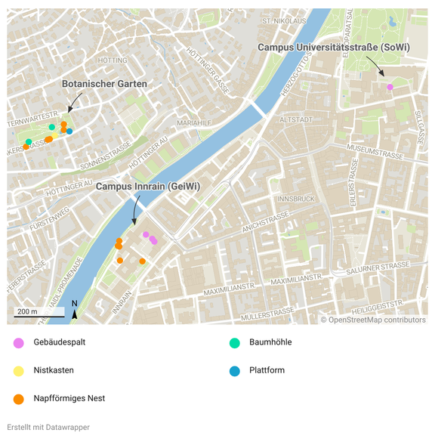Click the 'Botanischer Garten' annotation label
(104, 83)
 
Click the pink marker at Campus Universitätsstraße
(390, 88)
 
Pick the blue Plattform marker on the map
(69, 131)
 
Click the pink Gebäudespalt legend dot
(18, 342)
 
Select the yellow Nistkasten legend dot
(18, 370)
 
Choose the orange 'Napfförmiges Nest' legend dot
(18, 398)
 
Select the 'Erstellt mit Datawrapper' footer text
(48, 427)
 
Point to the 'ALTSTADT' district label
(295, 119)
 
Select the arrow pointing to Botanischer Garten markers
(74, 101)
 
